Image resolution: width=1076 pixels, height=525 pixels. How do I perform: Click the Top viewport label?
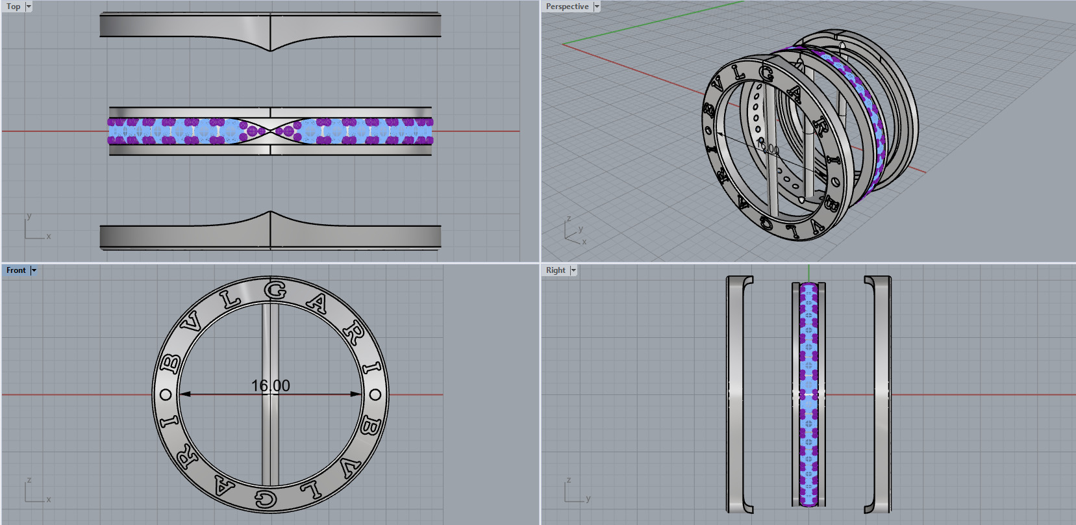[x=13, y=6]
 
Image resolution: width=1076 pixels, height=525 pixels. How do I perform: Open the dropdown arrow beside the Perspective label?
[x=597, y=6]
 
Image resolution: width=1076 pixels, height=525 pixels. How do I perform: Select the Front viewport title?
[x=16, y=270]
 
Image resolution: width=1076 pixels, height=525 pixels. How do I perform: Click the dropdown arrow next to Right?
[x=573, y=270]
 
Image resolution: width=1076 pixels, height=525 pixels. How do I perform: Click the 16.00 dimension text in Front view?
[x=270, y=385]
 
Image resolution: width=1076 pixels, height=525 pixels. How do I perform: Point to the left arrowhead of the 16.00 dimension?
[x=184, y=394]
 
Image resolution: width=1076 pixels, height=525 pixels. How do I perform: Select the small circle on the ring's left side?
[x=166, y=394]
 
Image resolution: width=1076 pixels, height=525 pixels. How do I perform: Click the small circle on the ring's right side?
[x=375, y=394]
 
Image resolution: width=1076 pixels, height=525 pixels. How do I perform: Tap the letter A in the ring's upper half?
[x=318, y=303]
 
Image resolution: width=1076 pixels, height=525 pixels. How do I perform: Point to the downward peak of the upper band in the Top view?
[x=270, y=49]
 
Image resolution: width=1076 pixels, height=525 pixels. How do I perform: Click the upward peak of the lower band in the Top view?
[x=270, y=212]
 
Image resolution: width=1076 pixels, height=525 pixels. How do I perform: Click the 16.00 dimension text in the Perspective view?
[x=769, y=149]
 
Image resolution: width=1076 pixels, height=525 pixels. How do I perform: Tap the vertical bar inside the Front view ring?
[x=270, y=442]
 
